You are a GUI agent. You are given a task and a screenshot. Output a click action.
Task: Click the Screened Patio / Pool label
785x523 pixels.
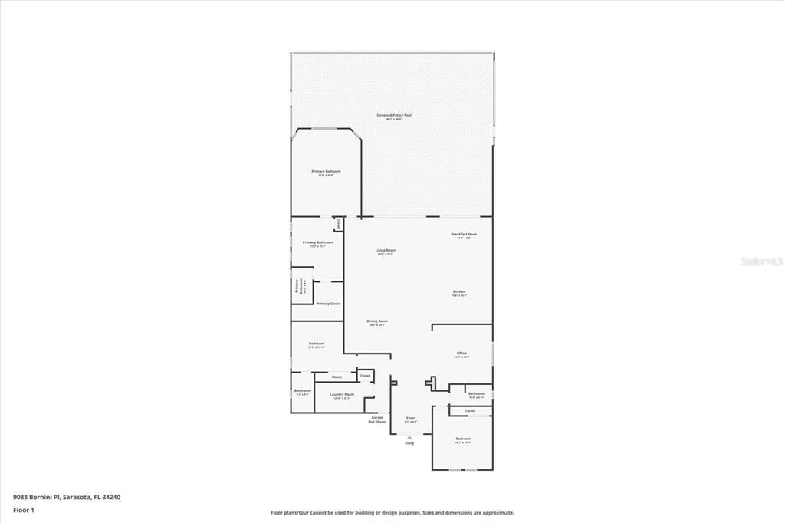point(394,116)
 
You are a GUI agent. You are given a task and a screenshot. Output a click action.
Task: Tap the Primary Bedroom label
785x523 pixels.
point(326,172)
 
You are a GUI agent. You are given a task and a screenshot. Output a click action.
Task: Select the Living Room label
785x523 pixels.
point(385,251)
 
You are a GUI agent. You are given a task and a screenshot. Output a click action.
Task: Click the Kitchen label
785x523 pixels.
point(459,292)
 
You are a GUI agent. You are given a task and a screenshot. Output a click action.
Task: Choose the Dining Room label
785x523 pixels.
point(376,321)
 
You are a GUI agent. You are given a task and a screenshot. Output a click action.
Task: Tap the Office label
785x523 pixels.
point(461,354)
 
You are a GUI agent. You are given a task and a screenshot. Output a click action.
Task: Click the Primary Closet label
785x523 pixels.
point(329,304)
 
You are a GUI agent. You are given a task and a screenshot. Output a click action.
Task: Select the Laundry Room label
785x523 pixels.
point(342,395)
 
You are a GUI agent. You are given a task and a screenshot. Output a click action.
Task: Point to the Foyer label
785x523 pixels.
point(411,419)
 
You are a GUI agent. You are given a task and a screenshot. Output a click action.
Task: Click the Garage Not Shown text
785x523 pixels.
point(377,419)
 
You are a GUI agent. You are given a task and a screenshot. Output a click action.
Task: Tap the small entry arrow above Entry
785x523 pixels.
point(409,437)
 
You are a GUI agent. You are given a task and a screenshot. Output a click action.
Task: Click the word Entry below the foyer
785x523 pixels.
point(409,443)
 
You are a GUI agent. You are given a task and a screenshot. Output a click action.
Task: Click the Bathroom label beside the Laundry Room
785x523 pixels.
point(302,391)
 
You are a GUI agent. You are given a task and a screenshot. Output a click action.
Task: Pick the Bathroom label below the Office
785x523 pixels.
point(476,394)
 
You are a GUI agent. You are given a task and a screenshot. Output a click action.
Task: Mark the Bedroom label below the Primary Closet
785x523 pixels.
point(317,344)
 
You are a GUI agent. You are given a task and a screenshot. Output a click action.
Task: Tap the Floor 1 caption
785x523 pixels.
point(24,510)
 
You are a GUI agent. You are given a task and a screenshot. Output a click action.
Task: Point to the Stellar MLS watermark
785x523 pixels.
point(762,261)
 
